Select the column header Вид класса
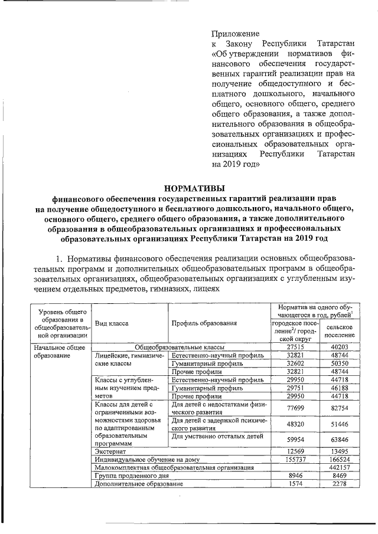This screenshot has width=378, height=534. tap(112, 323)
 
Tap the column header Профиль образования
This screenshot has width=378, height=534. tap(204, 323)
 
